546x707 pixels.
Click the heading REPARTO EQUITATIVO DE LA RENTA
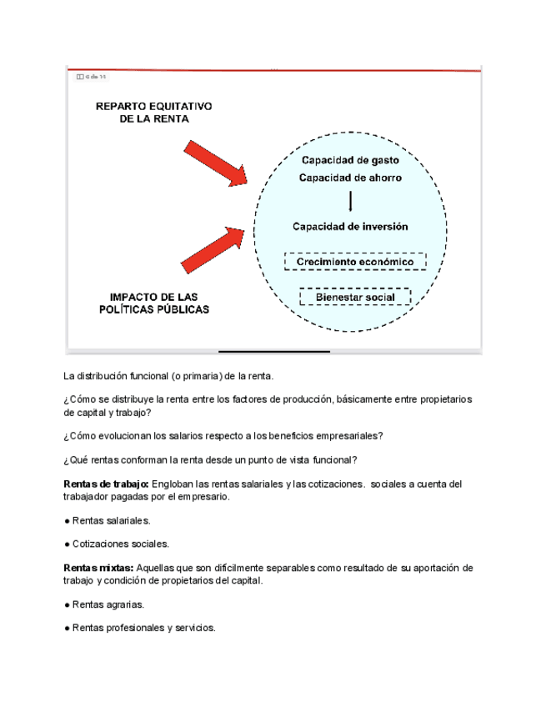click(154, 113)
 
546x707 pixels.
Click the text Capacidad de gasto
click(350, 159)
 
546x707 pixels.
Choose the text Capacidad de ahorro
click(350, 178)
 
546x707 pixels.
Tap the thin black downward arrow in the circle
click(350, 202)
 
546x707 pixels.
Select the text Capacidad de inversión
click(350, 226)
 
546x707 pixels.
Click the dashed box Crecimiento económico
click(355, 262)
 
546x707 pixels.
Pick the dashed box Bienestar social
click(355, 297)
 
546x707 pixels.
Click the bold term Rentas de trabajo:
click(105, 484)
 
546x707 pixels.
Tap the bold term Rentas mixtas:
click(98, 568)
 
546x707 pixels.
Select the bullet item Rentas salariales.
click(108, 520)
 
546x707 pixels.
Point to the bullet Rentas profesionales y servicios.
click(140, 628)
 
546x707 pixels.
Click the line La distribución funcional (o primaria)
click(168, 376)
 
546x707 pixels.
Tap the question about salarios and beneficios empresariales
click(223, 436)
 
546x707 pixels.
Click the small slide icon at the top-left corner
click(80, 77)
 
